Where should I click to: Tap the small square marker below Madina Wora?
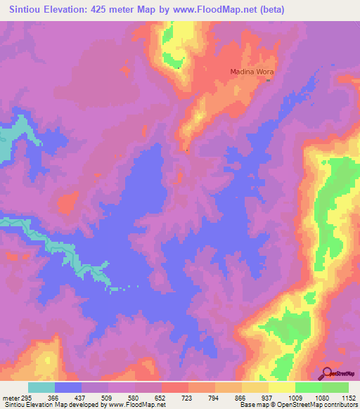[x=267, y=79]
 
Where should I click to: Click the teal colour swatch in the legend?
[x=41, y=387]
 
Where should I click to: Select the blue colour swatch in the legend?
[x=68, y=387]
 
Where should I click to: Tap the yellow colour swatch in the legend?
[x=281, y=387]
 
